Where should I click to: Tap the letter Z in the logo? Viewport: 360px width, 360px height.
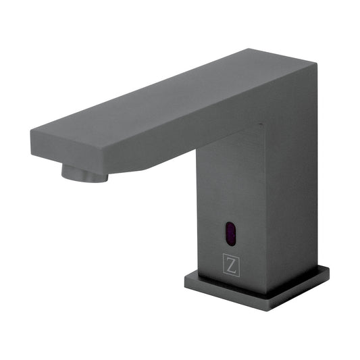tap(232, 265)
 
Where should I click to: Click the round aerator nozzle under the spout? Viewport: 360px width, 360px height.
tap(84, 172)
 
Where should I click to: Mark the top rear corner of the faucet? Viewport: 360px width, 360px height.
tap(315, 64)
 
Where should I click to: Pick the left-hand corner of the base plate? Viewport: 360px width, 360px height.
tap(184, 278)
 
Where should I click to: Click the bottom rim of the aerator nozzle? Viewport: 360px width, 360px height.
tap(84, 180)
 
